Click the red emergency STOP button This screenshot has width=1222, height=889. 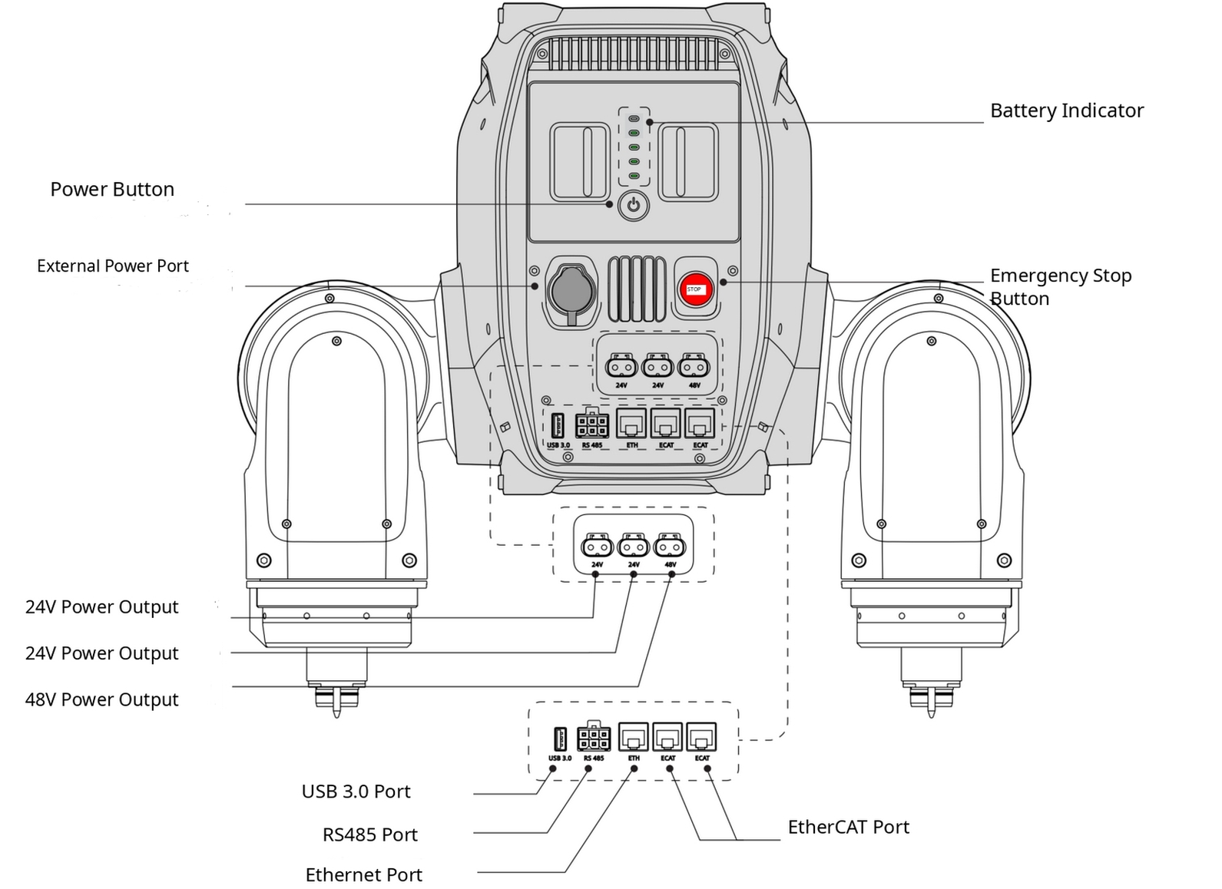click(x=696, y=289)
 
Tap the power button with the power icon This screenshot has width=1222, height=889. click(x=634, y=206)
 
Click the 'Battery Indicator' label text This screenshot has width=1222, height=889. click(x=1067, y=111)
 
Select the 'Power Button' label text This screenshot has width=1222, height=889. click(x=112, y=190)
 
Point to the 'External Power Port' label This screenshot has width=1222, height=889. click(x=113, y=266)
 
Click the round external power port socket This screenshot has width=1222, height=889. click(x=571, y=292)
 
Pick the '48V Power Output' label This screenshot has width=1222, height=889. click(x=102, y=699)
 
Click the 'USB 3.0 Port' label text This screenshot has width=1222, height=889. click(x=356, y=792)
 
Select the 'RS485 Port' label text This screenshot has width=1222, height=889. click(x=370, y=835)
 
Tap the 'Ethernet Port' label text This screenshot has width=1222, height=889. click(x=364, y=875)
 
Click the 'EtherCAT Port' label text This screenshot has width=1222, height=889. click(x=849, y=828)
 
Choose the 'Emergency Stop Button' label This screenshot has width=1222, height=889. click(x=1061, y=287)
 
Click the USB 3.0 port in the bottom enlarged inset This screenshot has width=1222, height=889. click(x=560, y=739)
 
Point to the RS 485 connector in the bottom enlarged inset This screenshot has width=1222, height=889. click(x=594, y=738)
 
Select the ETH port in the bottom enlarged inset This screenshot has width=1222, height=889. click(x=634, y=737)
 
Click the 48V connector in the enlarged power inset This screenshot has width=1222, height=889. click(x=670, y=546)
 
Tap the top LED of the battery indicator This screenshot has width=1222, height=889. click(x=634, y=118)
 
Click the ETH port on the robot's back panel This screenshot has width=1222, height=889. click(x=631, y=423)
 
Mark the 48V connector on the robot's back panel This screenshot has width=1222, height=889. click(x=694, y=366)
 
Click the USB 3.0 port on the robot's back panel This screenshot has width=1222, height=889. click(x=557, y=426)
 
